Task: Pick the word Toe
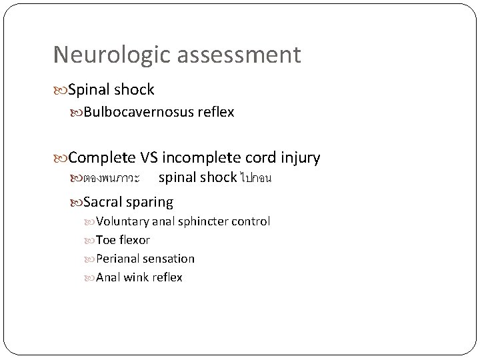(105, 240)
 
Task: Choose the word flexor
(134, 240)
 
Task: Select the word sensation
(171, 259)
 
